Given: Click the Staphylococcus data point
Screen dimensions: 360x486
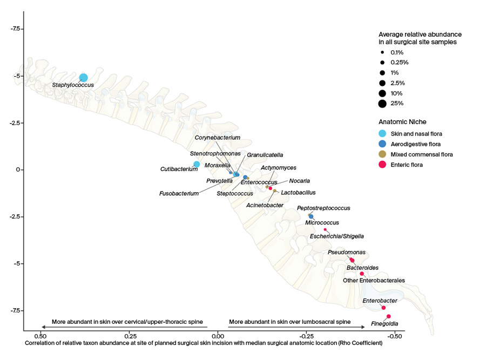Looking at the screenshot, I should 83,78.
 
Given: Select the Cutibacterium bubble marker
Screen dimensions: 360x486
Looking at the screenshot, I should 197,164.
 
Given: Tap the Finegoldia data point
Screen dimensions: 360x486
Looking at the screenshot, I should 388,316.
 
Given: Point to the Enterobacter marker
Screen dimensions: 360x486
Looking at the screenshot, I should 383,308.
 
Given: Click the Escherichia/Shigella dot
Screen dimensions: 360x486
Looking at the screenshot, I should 325,229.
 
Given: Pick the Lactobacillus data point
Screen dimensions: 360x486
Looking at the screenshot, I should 274,191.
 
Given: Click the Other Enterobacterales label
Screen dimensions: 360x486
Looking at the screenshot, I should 374,280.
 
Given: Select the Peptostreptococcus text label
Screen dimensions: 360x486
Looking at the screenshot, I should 323,208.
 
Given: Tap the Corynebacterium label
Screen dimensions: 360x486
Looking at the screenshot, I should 217,138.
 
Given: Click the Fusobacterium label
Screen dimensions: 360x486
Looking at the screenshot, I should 179,193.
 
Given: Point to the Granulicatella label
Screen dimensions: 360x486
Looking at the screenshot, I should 265,155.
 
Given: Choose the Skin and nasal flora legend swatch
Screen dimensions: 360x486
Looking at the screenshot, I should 382,133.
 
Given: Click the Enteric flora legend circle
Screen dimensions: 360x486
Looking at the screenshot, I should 382,165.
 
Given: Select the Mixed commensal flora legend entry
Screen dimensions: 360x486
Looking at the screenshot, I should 421,154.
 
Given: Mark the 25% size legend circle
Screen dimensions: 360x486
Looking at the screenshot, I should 382,104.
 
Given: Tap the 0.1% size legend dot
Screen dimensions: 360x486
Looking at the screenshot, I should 382,52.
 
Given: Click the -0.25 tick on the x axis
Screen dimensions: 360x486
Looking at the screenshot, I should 306,336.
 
